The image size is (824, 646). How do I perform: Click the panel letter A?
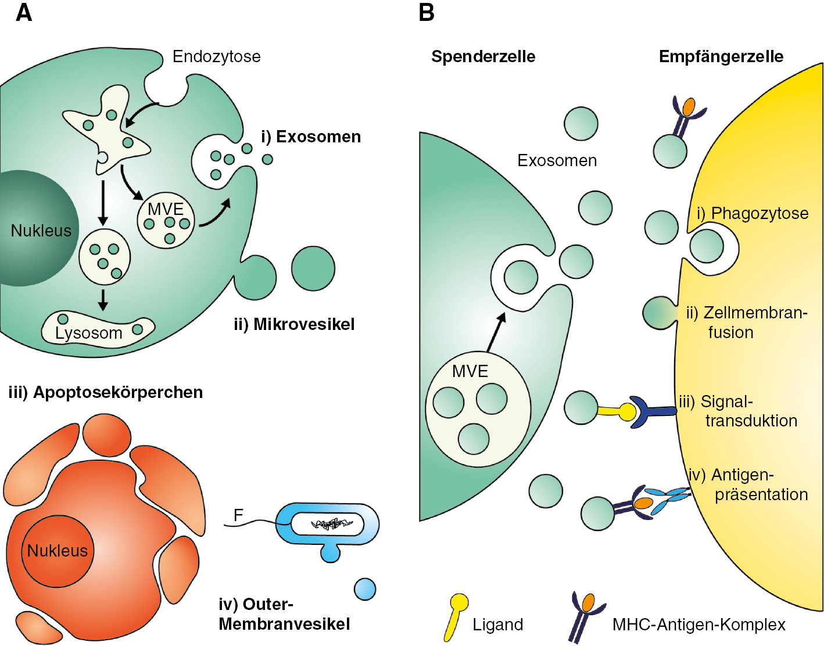click(x=24, y=12)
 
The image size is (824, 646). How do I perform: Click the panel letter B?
click(x=427, y=12)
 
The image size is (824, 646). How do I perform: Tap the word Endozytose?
click(x=216, y=56)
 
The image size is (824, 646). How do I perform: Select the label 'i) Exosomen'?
click(x=311, y=137)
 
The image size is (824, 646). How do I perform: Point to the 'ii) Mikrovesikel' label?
click(x=294, y=324)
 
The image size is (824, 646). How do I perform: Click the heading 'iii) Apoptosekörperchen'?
click(x=106, y=392)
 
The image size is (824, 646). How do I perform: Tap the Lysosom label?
click(x=88, y=333)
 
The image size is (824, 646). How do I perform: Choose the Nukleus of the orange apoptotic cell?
click(x=57, y=550)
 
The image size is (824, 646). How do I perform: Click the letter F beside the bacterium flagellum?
click(x=238, y=515)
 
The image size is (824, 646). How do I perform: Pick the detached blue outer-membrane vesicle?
click(x=365, y=589)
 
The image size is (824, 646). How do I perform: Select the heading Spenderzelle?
click(x=483, y=56)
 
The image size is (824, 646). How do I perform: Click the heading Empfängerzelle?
click(x=721, y=56)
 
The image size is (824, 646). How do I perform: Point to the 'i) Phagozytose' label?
click(x=753, y=213)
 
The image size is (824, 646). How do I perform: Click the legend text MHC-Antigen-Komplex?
click(x=698, y=625)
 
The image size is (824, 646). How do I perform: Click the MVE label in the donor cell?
click(x=470, y=371)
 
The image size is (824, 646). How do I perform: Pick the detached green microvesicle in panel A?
click(x=313, y=268)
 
